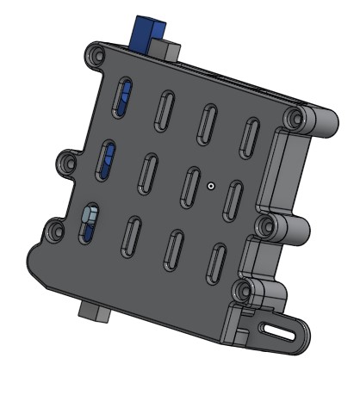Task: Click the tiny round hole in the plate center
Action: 210,184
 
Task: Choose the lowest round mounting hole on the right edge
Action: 245,290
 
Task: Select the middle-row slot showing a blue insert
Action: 109,158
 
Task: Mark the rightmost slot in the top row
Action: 250,137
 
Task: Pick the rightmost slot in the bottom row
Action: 217,263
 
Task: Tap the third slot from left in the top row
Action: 207,123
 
